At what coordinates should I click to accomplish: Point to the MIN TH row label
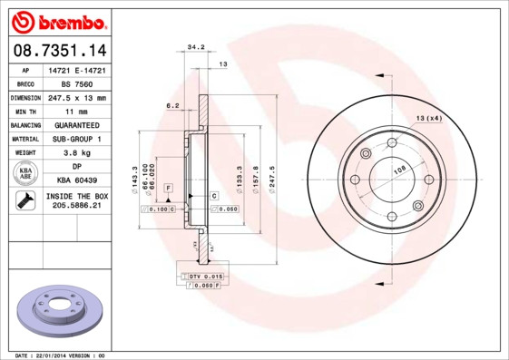(26, 111)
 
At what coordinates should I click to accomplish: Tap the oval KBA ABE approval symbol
(26, 174)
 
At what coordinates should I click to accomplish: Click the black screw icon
(25, 201)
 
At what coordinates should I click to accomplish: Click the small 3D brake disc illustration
(61, 311)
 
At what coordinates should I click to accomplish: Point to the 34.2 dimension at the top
(195, 45)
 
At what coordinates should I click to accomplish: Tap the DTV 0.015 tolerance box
(202, 275)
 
